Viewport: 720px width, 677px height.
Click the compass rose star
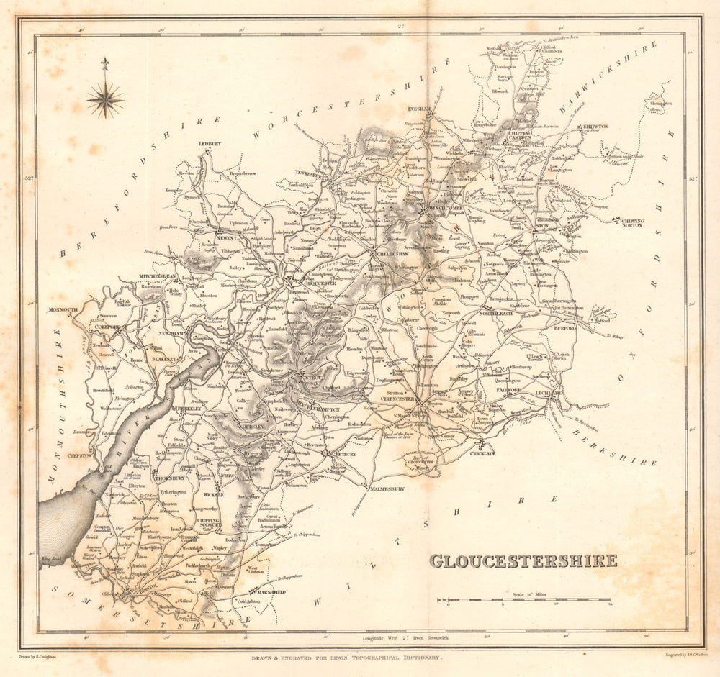coord(105,99)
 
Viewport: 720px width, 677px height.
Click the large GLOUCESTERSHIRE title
coord(523,561)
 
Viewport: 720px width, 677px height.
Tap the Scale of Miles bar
coord(523,599)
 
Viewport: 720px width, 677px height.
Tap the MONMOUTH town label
coord(63,309)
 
